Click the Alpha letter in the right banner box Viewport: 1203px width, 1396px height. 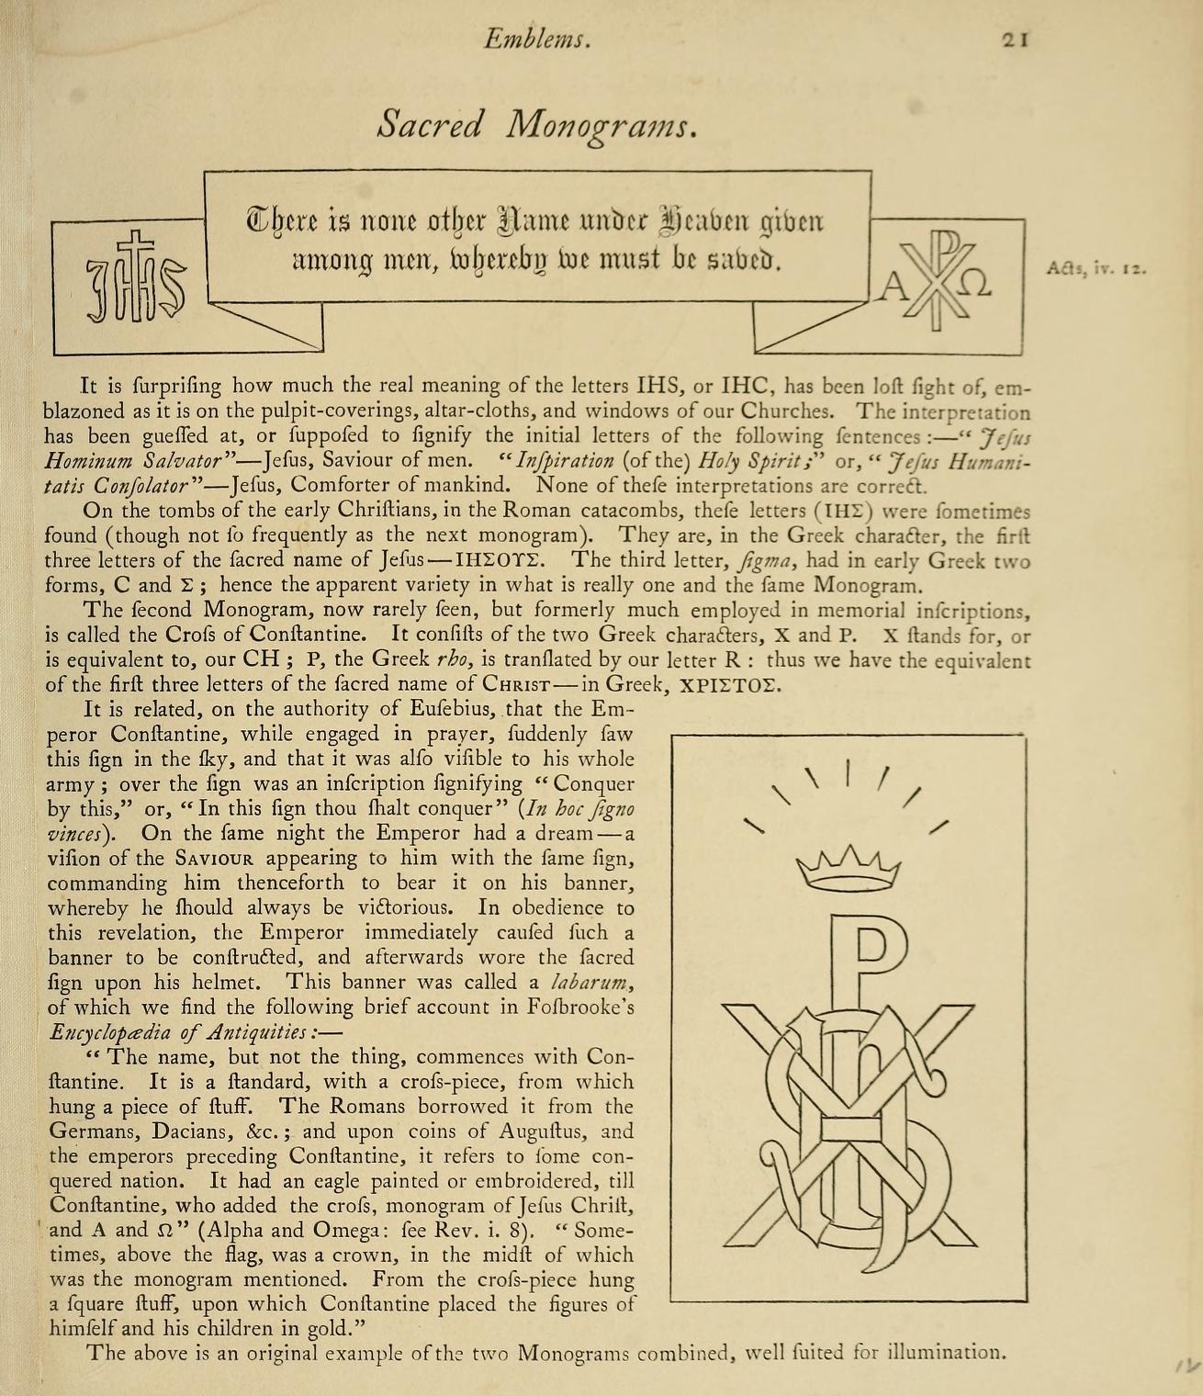[x=890, y=289]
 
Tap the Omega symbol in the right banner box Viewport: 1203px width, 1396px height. [x=977, y=287]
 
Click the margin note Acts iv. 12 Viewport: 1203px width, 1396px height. [x=1096, y=270]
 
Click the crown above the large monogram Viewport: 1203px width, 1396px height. [x=849, y=867]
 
